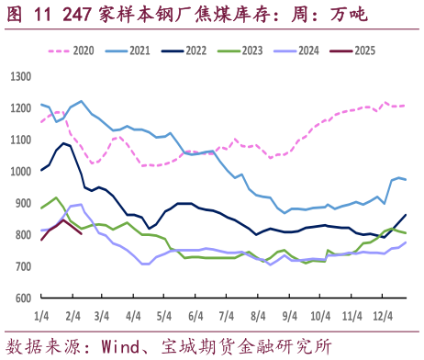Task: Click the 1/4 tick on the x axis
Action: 41,315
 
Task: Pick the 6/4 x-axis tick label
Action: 195,315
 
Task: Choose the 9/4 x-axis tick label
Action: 289,315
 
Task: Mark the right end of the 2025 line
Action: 82,233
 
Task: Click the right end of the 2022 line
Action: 406,215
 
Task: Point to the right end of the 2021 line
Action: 407,179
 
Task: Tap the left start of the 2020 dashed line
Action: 41,121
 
